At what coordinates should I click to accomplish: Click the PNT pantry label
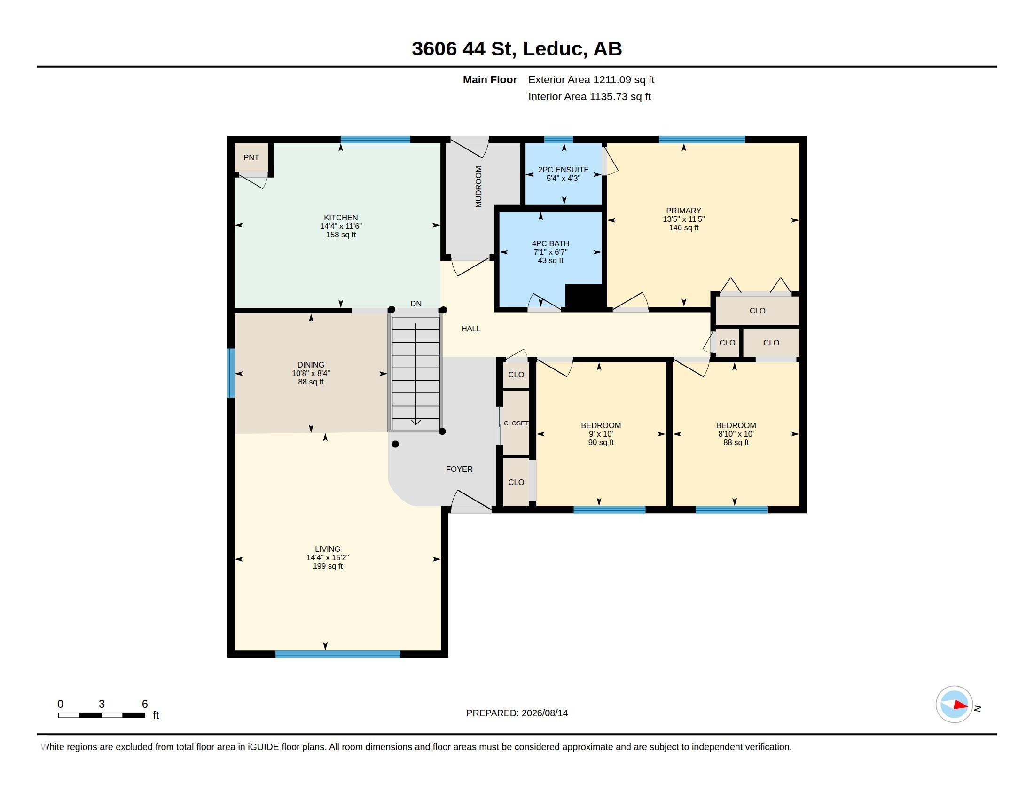point(251,157)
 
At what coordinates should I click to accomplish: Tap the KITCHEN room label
point(341,218)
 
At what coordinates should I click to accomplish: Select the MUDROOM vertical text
point(478,187)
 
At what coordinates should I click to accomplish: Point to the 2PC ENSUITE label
point(564,170)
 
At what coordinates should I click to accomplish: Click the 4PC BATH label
point(551,243)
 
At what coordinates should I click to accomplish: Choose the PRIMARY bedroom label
point(684,211)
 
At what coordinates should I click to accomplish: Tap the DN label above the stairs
point(415,304)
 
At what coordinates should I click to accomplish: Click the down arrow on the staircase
point(415,374)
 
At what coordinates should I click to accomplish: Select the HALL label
point(471,329)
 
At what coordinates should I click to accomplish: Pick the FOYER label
point(459,469)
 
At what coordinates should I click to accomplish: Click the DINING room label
point(311,364)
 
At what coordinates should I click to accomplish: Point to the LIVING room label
point(328,549)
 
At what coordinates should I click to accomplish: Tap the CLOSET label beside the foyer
point(516,423)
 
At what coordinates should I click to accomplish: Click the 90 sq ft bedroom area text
point(601,443)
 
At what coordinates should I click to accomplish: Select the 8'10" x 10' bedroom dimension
point(736,434)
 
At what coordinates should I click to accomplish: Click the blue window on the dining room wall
point(231,373)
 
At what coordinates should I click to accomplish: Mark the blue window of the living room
point(337,654)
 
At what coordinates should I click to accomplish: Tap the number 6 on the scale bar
point(145,704)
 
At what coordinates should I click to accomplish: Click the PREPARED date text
point(517,713)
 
